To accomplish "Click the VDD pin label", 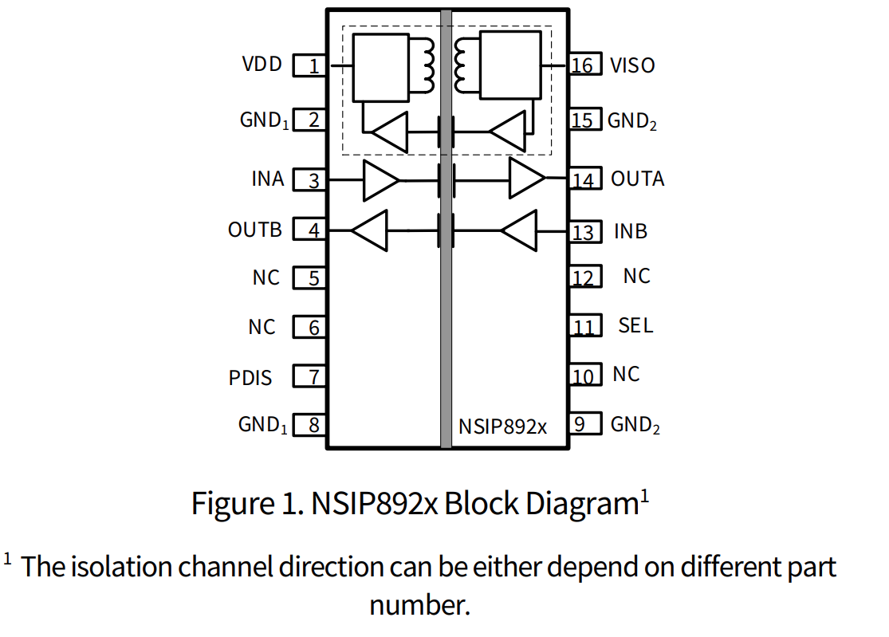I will tap(262, 64).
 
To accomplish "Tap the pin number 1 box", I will tap(310, 65).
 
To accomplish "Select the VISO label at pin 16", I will tap(632, 65).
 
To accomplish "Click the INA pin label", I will tap(268, 179).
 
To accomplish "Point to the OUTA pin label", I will tap(637, 179).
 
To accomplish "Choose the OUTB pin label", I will tap(255, 230).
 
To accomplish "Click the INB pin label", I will tap(631, 232).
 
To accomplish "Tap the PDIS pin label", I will tap(250, 377).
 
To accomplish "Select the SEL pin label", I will tap(635, 325).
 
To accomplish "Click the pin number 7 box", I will tap(310, 376).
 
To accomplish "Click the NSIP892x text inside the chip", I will tap(502, 427).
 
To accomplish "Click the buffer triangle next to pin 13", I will tap(520, 231).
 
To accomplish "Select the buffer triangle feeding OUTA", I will tap(527, 180).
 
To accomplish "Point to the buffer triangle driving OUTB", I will tap(370, 231).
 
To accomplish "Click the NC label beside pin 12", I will tap(636, 277).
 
